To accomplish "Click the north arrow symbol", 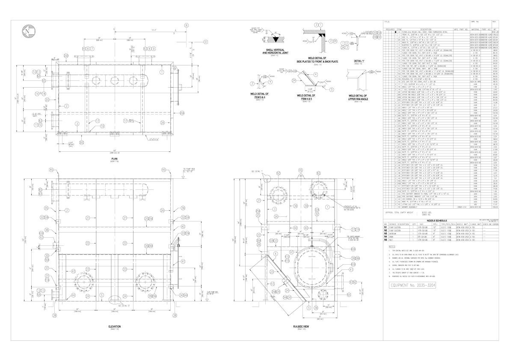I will (29, 32).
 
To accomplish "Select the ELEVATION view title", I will (114, 327).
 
